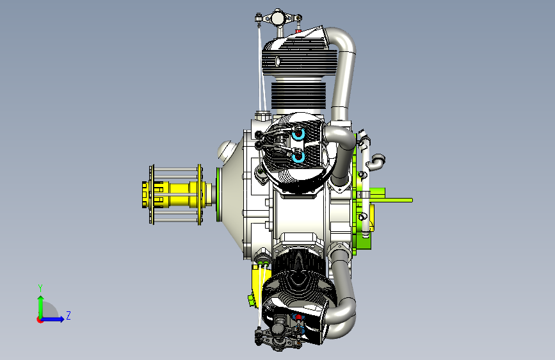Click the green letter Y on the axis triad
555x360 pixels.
[40, 288]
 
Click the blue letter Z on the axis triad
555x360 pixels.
[68, 315]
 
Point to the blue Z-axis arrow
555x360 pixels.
[53, 319]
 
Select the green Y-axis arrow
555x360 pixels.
[41, 306]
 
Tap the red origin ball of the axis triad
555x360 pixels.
[40, 320]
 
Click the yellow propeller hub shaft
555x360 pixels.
[177, 194]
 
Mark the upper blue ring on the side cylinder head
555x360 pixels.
[298, 134]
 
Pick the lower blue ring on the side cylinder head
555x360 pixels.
[298, 156]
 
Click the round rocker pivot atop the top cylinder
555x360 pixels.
[278, 17]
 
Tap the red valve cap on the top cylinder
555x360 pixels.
[298, 31]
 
